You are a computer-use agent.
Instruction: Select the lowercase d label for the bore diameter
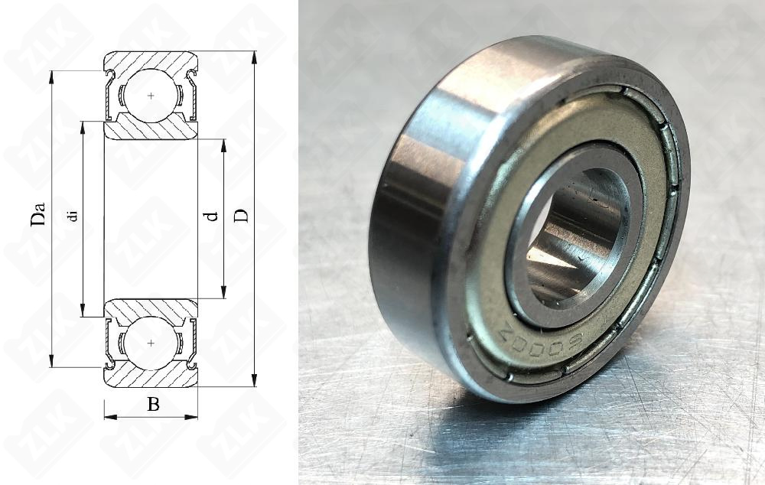point(213,216)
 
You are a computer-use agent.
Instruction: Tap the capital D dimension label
point(241,216)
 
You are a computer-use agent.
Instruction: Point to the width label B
point(153,405)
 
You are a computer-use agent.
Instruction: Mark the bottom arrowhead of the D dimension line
point(254,380)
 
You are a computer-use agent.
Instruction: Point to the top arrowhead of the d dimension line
point(223,145)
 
